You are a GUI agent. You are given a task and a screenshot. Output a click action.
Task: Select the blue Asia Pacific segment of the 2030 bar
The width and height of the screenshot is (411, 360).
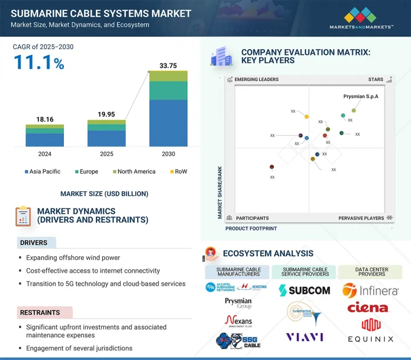coord(168,123)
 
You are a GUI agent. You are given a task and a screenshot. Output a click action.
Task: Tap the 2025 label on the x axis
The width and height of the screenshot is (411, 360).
coord(106,154)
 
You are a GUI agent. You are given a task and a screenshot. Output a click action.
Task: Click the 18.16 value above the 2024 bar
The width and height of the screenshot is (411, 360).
coord(44,119)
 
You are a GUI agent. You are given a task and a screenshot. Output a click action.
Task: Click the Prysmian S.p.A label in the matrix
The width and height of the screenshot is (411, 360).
coord(361,96)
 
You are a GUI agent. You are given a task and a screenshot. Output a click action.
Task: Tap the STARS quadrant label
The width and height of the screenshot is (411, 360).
coord(376,80)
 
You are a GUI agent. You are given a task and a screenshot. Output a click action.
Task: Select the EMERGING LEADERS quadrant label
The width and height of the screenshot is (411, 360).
coord(256,80)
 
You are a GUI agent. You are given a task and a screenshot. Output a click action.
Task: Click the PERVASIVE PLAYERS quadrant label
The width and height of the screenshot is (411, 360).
coord(361,218)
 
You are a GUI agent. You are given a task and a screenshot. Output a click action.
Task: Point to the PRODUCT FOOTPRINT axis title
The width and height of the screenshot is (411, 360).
coord(251,228)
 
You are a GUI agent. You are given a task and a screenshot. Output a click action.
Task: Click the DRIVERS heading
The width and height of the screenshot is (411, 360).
coord(34,242)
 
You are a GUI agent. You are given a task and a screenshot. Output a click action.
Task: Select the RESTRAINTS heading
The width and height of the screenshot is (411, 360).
coord(40,313)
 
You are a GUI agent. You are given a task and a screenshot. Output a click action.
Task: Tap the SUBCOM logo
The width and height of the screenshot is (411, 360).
coord(305,290)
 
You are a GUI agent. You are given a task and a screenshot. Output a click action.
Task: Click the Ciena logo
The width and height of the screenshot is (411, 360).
coord(368,308)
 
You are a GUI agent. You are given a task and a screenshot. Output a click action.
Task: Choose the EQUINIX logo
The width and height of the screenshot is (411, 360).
coord(370,331)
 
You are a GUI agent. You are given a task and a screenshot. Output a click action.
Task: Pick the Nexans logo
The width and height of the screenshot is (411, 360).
coord(239,321)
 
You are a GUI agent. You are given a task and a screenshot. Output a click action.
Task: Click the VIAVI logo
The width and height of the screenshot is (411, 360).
coord(305,337)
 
